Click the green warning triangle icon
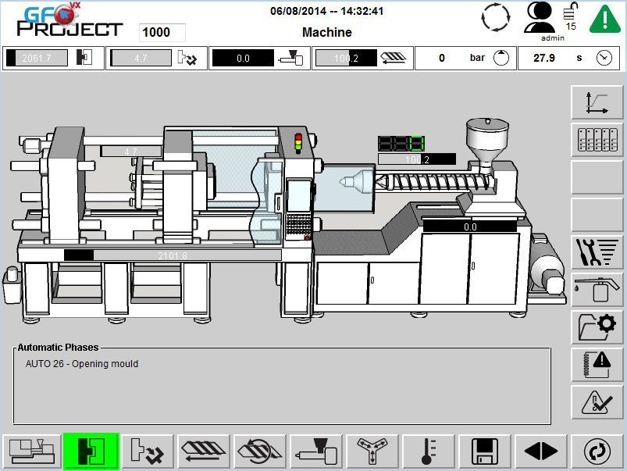point(604,19)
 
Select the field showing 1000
point(162,33)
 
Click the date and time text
point(326,11)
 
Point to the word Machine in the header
point(326,32)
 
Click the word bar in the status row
point(477,58)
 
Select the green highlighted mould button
point(91,451)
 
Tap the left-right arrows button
point(541,451)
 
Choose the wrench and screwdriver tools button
point(597,252)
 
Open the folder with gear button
point(597,326)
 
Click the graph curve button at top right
point(597,103)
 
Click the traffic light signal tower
point(297,144)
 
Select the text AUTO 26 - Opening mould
point(82,364)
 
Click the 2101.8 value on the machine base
point(173,255)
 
